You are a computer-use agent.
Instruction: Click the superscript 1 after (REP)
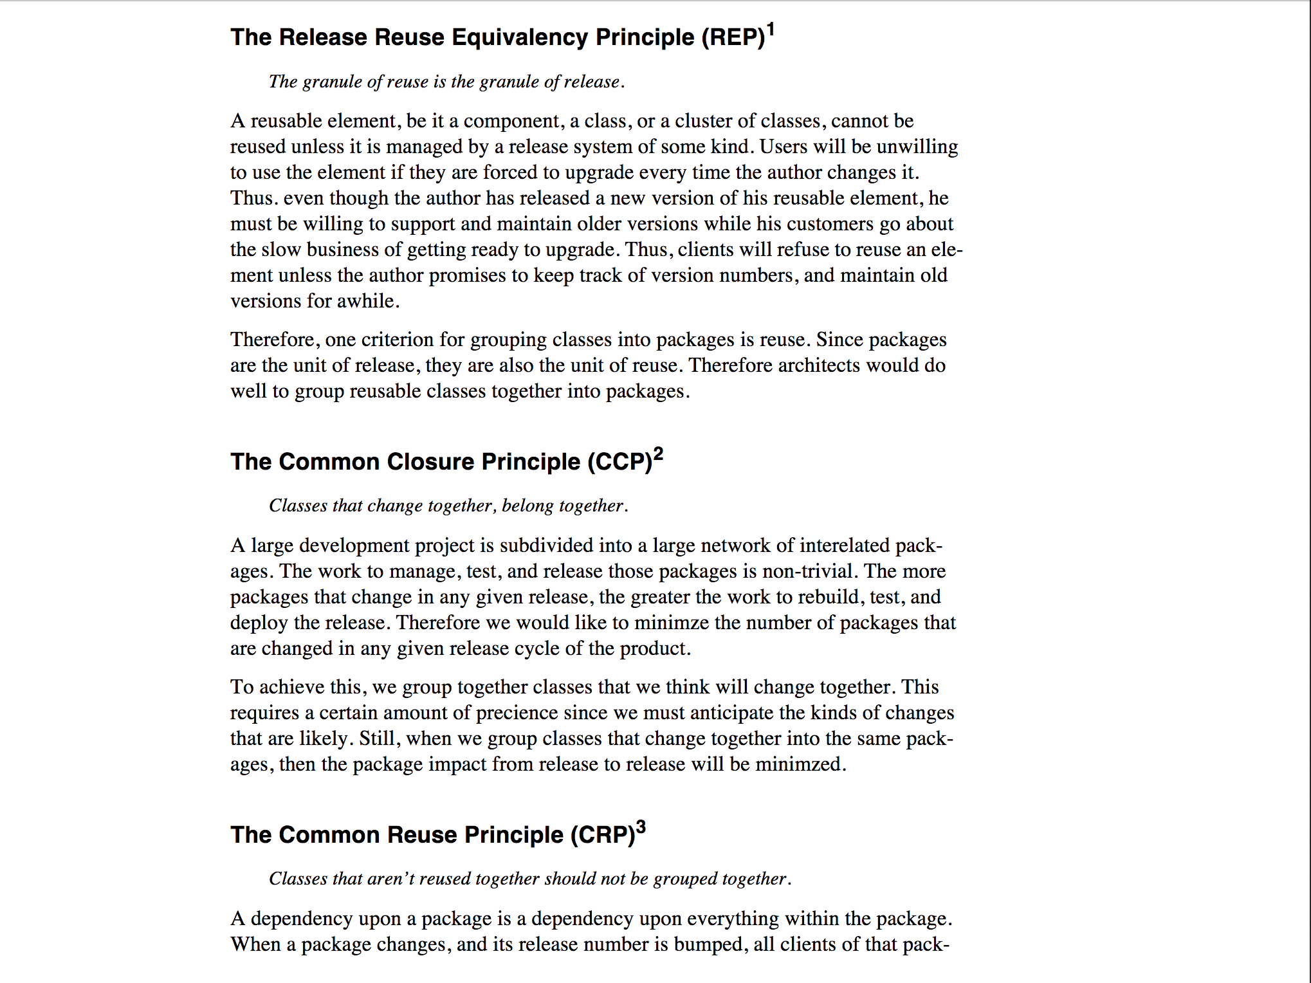771,30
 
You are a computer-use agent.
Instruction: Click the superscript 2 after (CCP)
658,454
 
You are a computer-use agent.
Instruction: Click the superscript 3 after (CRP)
641,827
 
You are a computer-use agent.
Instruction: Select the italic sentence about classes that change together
448,506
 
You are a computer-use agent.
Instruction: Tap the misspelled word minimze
672,623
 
